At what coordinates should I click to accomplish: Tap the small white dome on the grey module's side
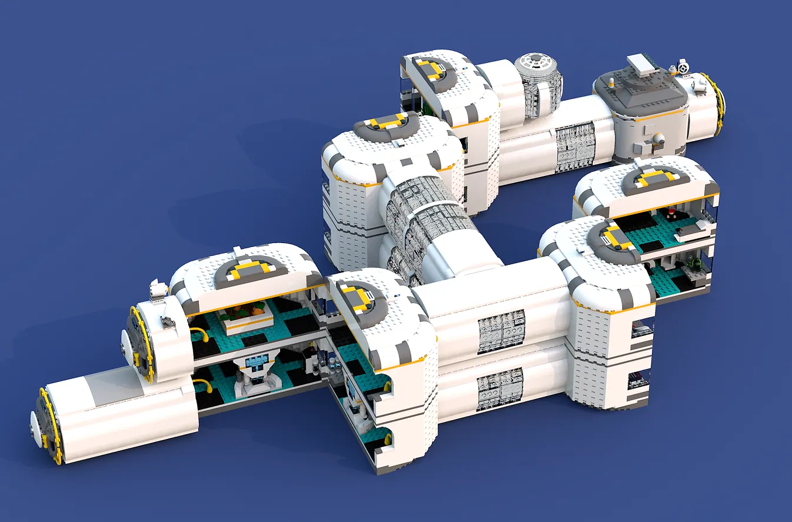660,139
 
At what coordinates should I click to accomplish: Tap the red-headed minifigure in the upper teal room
671,212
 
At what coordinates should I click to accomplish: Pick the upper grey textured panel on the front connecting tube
501,331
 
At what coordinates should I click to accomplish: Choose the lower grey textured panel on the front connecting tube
500,389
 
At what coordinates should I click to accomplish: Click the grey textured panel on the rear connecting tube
576,147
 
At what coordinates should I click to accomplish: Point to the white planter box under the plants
247,322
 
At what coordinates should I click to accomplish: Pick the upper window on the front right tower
643,328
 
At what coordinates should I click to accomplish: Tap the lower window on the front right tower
638,380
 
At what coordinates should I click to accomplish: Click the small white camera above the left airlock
158,288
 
